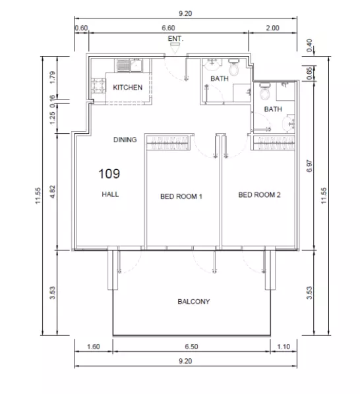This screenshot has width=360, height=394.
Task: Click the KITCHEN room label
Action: coord(127,87)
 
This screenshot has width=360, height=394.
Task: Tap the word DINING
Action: coord(125,140)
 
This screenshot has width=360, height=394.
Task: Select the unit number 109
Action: coord(109,174)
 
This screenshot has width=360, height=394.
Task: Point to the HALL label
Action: coord(109,194)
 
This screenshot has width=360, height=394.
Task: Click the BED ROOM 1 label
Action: coord(181,196)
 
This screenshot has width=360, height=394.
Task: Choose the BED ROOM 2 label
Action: coord(260,195)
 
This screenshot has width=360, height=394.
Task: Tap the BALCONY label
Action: coord(193,302)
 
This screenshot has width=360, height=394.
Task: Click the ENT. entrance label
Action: coord(175,39)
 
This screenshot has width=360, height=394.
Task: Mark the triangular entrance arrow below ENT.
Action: coord(175,47)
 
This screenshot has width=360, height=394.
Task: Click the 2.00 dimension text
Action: coord(272,28)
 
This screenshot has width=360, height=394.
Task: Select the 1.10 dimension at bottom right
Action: coord(284,347)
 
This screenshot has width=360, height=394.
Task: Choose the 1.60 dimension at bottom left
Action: coord(93,347)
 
